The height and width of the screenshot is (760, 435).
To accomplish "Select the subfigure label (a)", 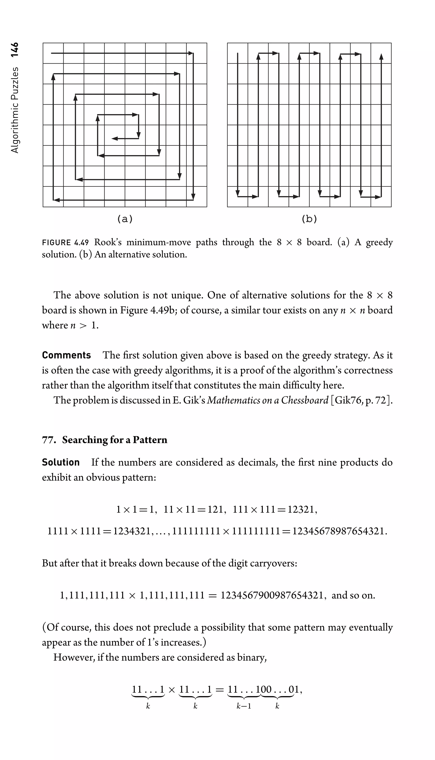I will tap(125, 219).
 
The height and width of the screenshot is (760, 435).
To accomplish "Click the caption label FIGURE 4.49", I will tap(65, 242).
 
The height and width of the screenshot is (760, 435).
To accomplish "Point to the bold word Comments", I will tap(66, 355).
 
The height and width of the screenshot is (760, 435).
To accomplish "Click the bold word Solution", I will tap(61, 462).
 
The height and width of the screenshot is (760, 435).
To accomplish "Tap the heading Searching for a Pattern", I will tap(114, 440).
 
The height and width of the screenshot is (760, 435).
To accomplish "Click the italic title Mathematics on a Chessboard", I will tap(268, 400).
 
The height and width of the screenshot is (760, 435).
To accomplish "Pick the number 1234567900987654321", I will tap(272, 595).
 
